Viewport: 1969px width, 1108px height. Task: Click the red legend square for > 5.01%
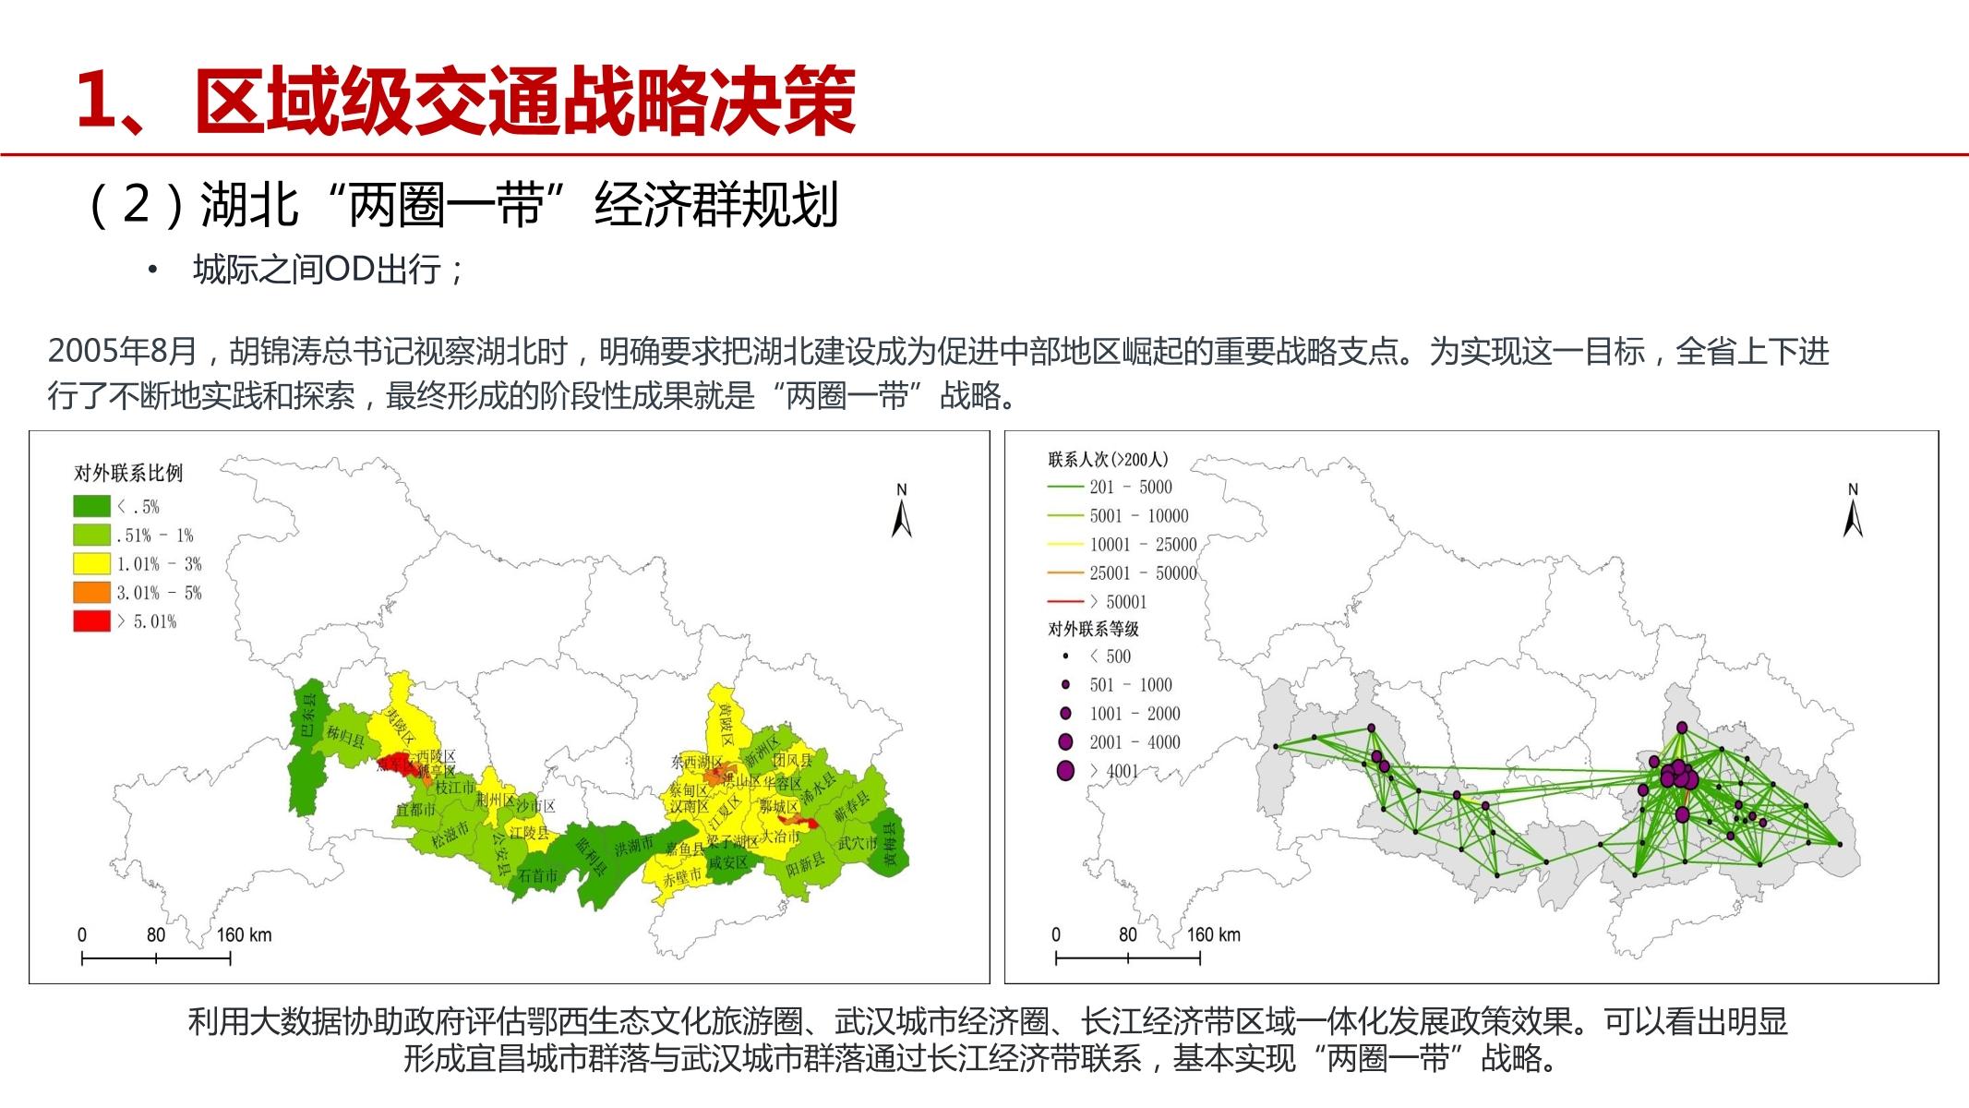coord(91,620)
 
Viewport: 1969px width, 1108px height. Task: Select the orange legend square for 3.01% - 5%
coord(91,592)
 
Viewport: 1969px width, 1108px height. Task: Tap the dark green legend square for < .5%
coord(91,506)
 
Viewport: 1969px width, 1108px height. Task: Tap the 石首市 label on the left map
coord(537,874)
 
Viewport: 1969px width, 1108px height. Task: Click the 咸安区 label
coord(728,861)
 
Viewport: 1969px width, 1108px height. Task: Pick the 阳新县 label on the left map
coord(805,864)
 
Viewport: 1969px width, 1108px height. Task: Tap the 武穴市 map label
coord(857,843)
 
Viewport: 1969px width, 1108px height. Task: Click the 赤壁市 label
coord(682,878)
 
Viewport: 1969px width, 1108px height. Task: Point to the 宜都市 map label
coord(415,810)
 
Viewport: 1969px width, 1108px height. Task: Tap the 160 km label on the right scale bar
coord(1213,934)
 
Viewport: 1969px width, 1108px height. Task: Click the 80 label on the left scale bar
coord(156,934)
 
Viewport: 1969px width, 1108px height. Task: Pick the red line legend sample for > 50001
coord(1065,602)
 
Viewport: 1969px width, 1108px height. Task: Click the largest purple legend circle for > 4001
coord(1066,771)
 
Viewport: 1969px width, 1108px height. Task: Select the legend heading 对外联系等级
coord(1093,629)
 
